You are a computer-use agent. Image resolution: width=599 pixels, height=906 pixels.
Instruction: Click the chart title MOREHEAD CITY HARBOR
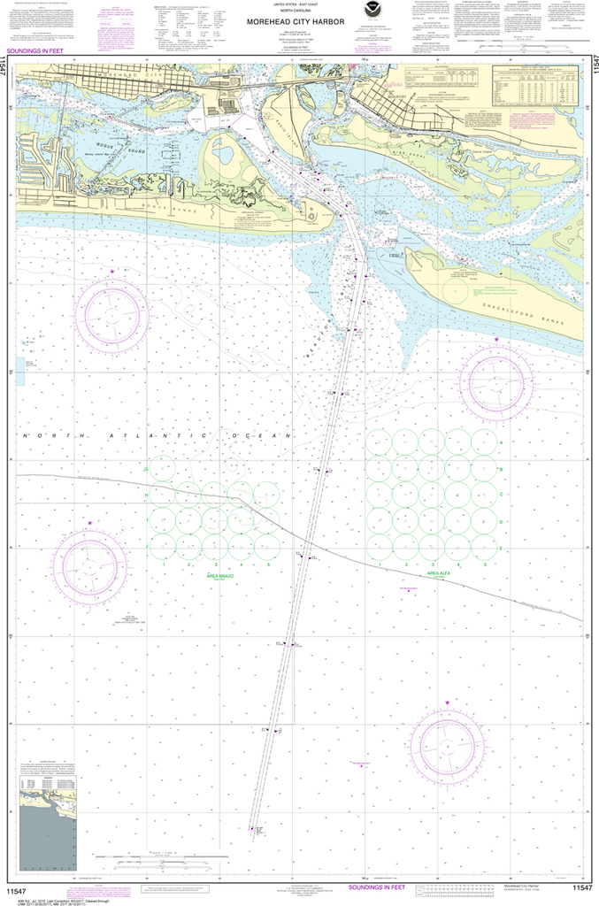pyautogui.click(x=296, y=24)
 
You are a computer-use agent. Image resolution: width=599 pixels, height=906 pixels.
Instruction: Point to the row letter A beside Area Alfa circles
pyautogui.click(x=503, y=441)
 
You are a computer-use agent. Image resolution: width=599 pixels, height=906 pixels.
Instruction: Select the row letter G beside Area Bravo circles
pyautogui.click(x=145, y=470)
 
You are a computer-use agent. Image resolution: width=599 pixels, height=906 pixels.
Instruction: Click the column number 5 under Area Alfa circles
pyautogui.click(x=485, y=564)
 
